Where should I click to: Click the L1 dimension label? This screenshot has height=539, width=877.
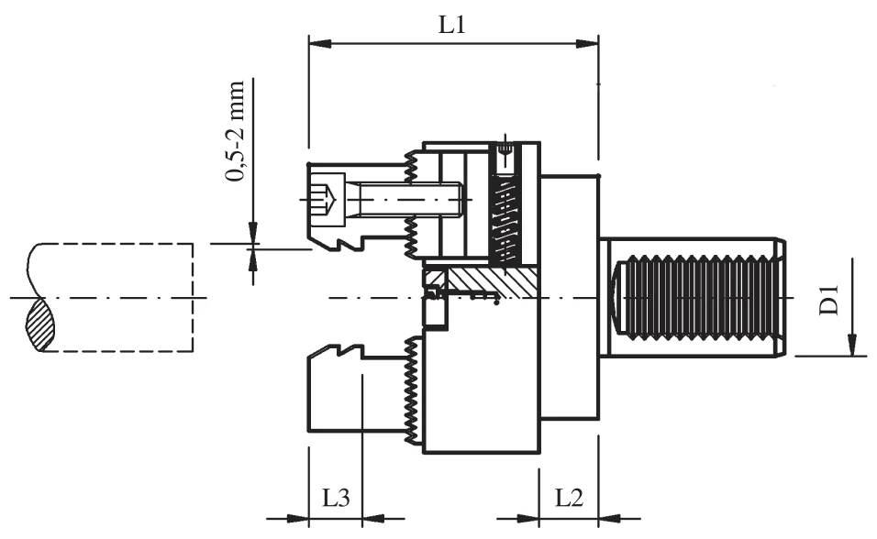coord(451,25)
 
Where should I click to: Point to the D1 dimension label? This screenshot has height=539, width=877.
coord(830,302)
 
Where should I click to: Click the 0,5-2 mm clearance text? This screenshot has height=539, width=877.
coord(238,131)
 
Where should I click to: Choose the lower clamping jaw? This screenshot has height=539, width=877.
coord(353,390)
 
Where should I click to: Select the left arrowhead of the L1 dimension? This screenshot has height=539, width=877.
coord(317,41)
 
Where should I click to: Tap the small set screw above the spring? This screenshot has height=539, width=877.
coord(505,150)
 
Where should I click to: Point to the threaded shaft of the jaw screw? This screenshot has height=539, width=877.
coord(404,196)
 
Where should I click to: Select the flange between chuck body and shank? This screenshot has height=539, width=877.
coord(569,298)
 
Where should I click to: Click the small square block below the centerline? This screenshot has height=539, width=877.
coord(435,313)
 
